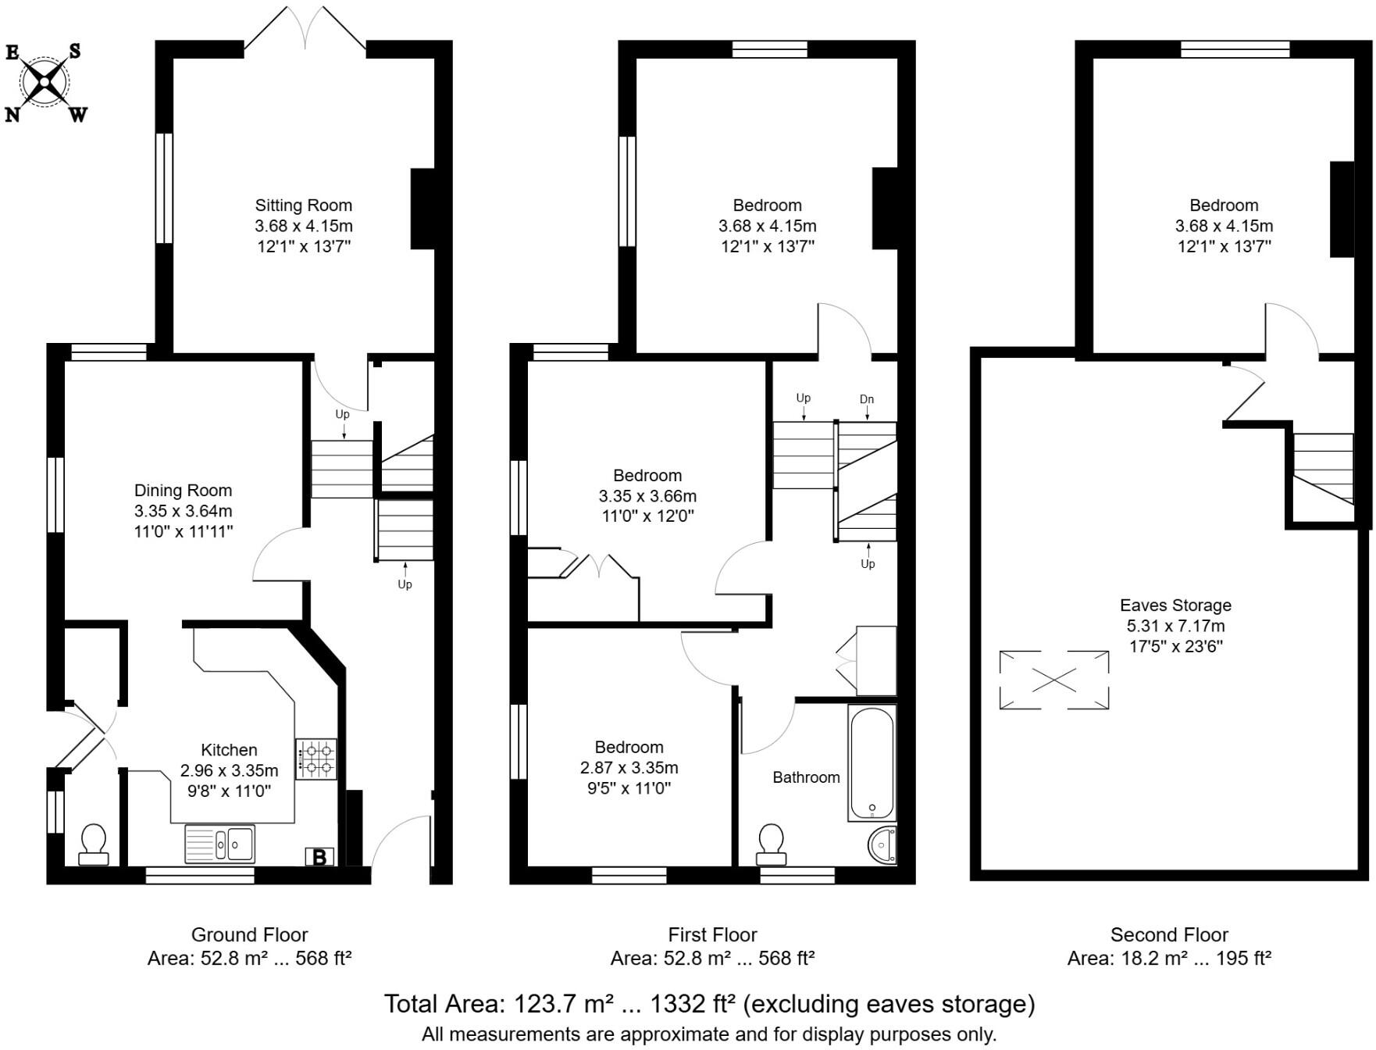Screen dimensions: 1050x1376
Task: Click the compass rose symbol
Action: coord(45,81)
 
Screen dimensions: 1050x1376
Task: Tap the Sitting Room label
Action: coord(303,205)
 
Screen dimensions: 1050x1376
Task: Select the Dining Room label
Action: coord(183,491)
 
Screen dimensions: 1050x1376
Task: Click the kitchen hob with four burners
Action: coord(316,759)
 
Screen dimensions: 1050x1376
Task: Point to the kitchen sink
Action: coord(219,844)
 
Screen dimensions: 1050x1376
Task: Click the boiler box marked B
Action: coord(319,857)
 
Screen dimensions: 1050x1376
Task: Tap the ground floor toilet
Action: coord(94,845)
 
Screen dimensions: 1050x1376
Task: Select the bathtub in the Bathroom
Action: coord(872,762)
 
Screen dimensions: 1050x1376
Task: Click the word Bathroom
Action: coord(806,777)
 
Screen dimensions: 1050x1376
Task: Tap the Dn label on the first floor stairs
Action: coord(866,399)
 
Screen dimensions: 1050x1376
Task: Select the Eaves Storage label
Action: coord(1175,605)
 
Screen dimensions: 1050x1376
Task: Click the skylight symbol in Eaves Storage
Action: coord(1053,680)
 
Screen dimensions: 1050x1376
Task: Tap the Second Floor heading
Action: coord(1169,934)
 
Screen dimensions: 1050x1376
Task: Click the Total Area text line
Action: coord(709,1004)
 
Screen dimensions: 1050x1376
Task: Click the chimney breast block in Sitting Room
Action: coord(422,209)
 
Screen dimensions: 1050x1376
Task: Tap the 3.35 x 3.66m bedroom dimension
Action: coord(647,496)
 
